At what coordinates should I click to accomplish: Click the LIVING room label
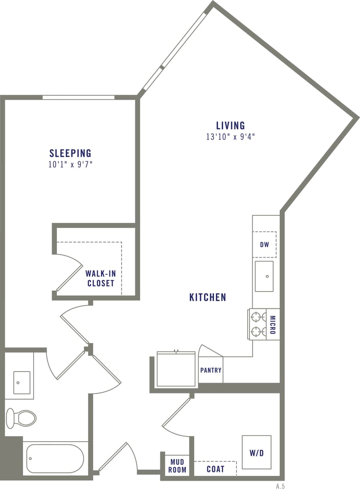click(x=231, y=126)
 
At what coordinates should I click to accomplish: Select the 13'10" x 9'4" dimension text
click(x=231, y=137)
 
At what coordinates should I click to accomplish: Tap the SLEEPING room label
click(x=70, y=153)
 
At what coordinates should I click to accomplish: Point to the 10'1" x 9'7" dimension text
click(x=70, y=164)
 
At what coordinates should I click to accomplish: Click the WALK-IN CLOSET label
click(x=101, y=278)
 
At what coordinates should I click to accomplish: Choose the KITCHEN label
click(x=208, y=297)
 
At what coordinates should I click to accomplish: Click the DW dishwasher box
click(x=264, y=244)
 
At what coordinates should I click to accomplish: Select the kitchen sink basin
click(x=264, y=276)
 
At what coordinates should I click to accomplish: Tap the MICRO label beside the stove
click(x=273, y=325)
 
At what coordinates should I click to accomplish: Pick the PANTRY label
click(x=211, y=370)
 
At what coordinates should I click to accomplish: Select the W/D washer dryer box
click(x=257, y=453)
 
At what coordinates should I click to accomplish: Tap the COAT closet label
click(x=216, y=469)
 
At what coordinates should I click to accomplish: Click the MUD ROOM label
click(x=177, y=466)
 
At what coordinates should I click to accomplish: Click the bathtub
click(x=55, y=459)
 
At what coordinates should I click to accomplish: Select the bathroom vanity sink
click(x=22, y=382)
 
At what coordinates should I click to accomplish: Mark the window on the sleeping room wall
click(x=79, y=97)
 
